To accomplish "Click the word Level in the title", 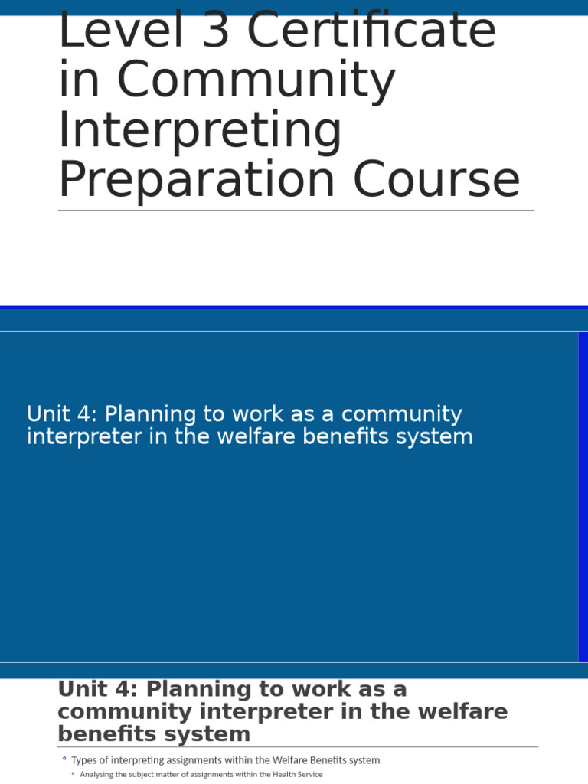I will pyautogui.click(x=111, y=31).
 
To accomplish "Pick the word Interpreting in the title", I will pyautogui.click(x=200, y=130).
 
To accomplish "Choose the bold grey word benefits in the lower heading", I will pyautogui.click(x=102, y=734).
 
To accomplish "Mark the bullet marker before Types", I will pyautogui.click(x=64, y=759).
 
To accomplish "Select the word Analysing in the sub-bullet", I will pyautogui.click(x=96, y=774).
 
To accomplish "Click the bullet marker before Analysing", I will pyautogui.click(x=73, y=774).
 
